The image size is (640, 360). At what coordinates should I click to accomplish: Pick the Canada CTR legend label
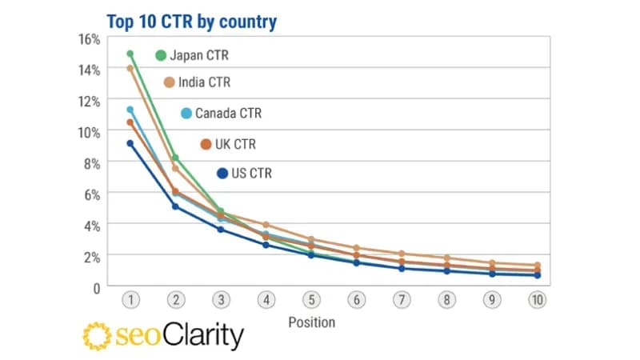(x=228, y=114)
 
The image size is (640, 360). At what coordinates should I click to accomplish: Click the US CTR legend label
(x=251, y=173)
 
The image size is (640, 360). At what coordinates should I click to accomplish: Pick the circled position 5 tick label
(x=311, y=300)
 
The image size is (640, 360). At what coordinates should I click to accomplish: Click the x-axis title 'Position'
(x=311, y=323)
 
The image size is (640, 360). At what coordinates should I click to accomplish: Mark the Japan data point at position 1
(x=130, y=54)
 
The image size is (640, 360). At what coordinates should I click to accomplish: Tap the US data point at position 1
(x=130, y=144)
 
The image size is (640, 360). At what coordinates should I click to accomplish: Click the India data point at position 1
(x=130, y=69)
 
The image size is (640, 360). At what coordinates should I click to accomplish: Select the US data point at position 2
(x=175, y=206)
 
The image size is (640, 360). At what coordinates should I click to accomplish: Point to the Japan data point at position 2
(x=175, y=158)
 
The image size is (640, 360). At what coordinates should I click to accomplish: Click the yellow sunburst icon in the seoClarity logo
(x=97, y=337)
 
